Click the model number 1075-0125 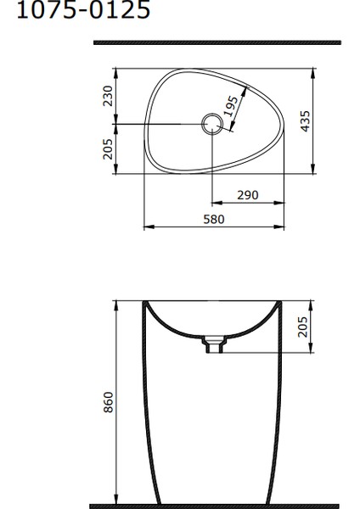77,11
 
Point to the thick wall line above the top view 217,42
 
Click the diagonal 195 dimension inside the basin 231,107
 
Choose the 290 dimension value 247,195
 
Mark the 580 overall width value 215,220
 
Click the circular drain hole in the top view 211,126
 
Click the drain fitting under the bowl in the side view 214,344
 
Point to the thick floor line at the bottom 217,506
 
